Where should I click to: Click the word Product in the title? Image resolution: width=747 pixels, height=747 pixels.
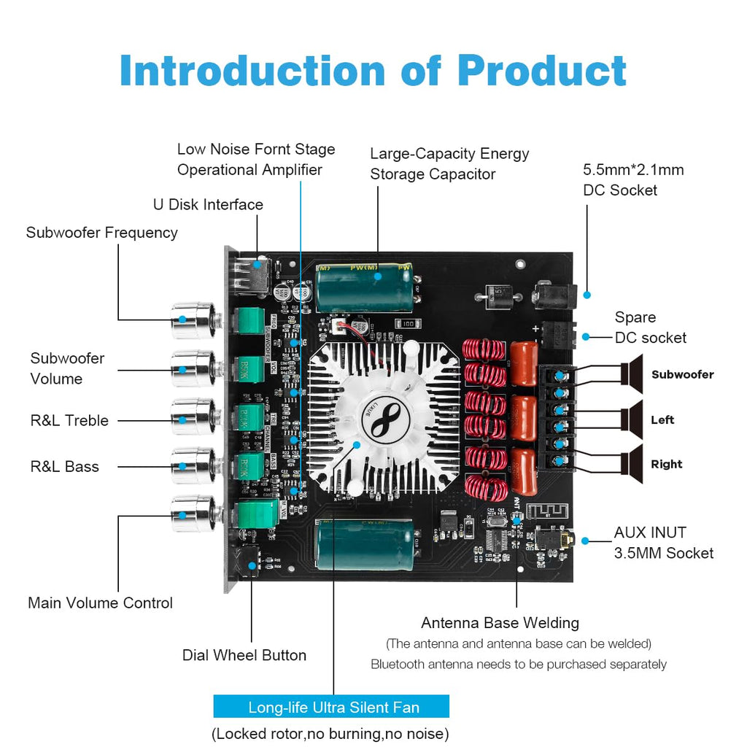541,71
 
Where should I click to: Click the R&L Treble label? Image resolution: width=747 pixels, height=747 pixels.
69,420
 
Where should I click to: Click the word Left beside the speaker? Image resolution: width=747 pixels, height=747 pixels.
662,419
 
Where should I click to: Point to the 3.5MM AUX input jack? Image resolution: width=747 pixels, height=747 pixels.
554,541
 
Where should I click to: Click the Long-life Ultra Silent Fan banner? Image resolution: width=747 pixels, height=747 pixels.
331,707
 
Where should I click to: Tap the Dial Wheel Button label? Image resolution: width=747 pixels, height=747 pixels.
244,655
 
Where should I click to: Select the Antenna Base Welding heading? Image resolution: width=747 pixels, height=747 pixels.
500,623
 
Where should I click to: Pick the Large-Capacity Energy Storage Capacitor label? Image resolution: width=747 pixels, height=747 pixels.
449,163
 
